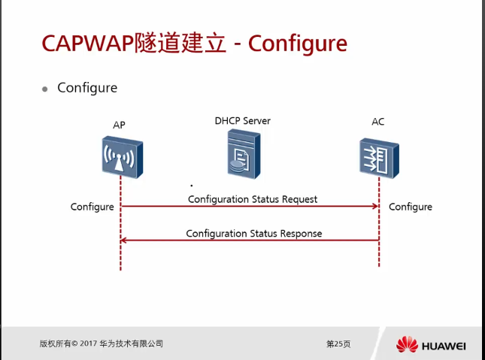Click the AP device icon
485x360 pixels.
tap(121, 157)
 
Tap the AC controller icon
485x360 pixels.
tap(378, 156)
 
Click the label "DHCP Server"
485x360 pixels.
tap(242, 120)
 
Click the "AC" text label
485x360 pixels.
tap(377, 122)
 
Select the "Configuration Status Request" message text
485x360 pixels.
tap(253, 199)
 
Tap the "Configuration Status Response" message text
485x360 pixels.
tap(254, 234)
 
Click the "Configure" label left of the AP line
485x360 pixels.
tap(92, 207)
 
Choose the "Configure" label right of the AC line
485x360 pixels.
tap(411, 207)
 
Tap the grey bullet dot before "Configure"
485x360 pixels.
tap(45, 89)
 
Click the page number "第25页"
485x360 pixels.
tap(338, 343)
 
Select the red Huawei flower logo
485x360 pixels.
tap(407, 345)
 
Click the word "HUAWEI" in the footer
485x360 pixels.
tap(444, 346)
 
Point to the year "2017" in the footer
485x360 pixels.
tap(89, 343)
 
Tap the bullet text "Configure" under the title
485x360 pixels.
tap(87, 88)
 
